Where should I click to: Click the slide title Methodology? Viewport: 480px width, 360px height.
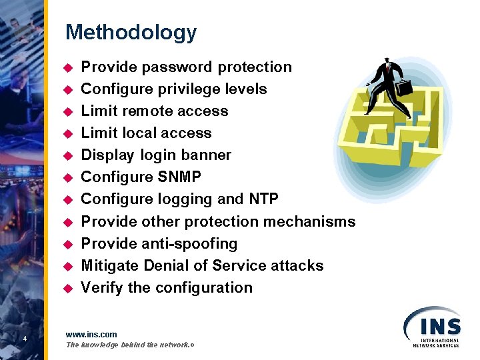131,33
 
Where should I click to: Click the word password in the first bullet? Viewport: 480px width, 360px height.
169,67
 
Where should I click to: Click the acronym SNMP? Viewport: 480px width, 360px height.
175,177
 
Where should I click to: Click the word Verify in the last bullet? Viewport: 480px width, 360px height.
102,287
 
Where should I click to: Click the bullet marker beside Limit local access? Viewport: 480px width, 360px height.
67,134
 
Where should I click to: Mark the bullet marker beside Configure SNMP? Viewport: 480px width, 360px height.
67,178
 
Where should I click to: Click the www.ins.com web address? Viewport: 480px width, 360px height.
91,334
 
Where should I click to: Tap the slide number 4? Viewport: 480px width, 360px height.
24,339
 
